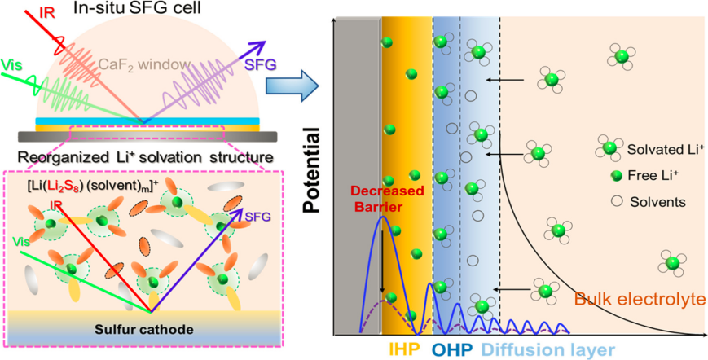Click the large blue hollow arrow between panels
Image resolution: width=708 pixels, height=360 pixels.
(292, 82)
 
